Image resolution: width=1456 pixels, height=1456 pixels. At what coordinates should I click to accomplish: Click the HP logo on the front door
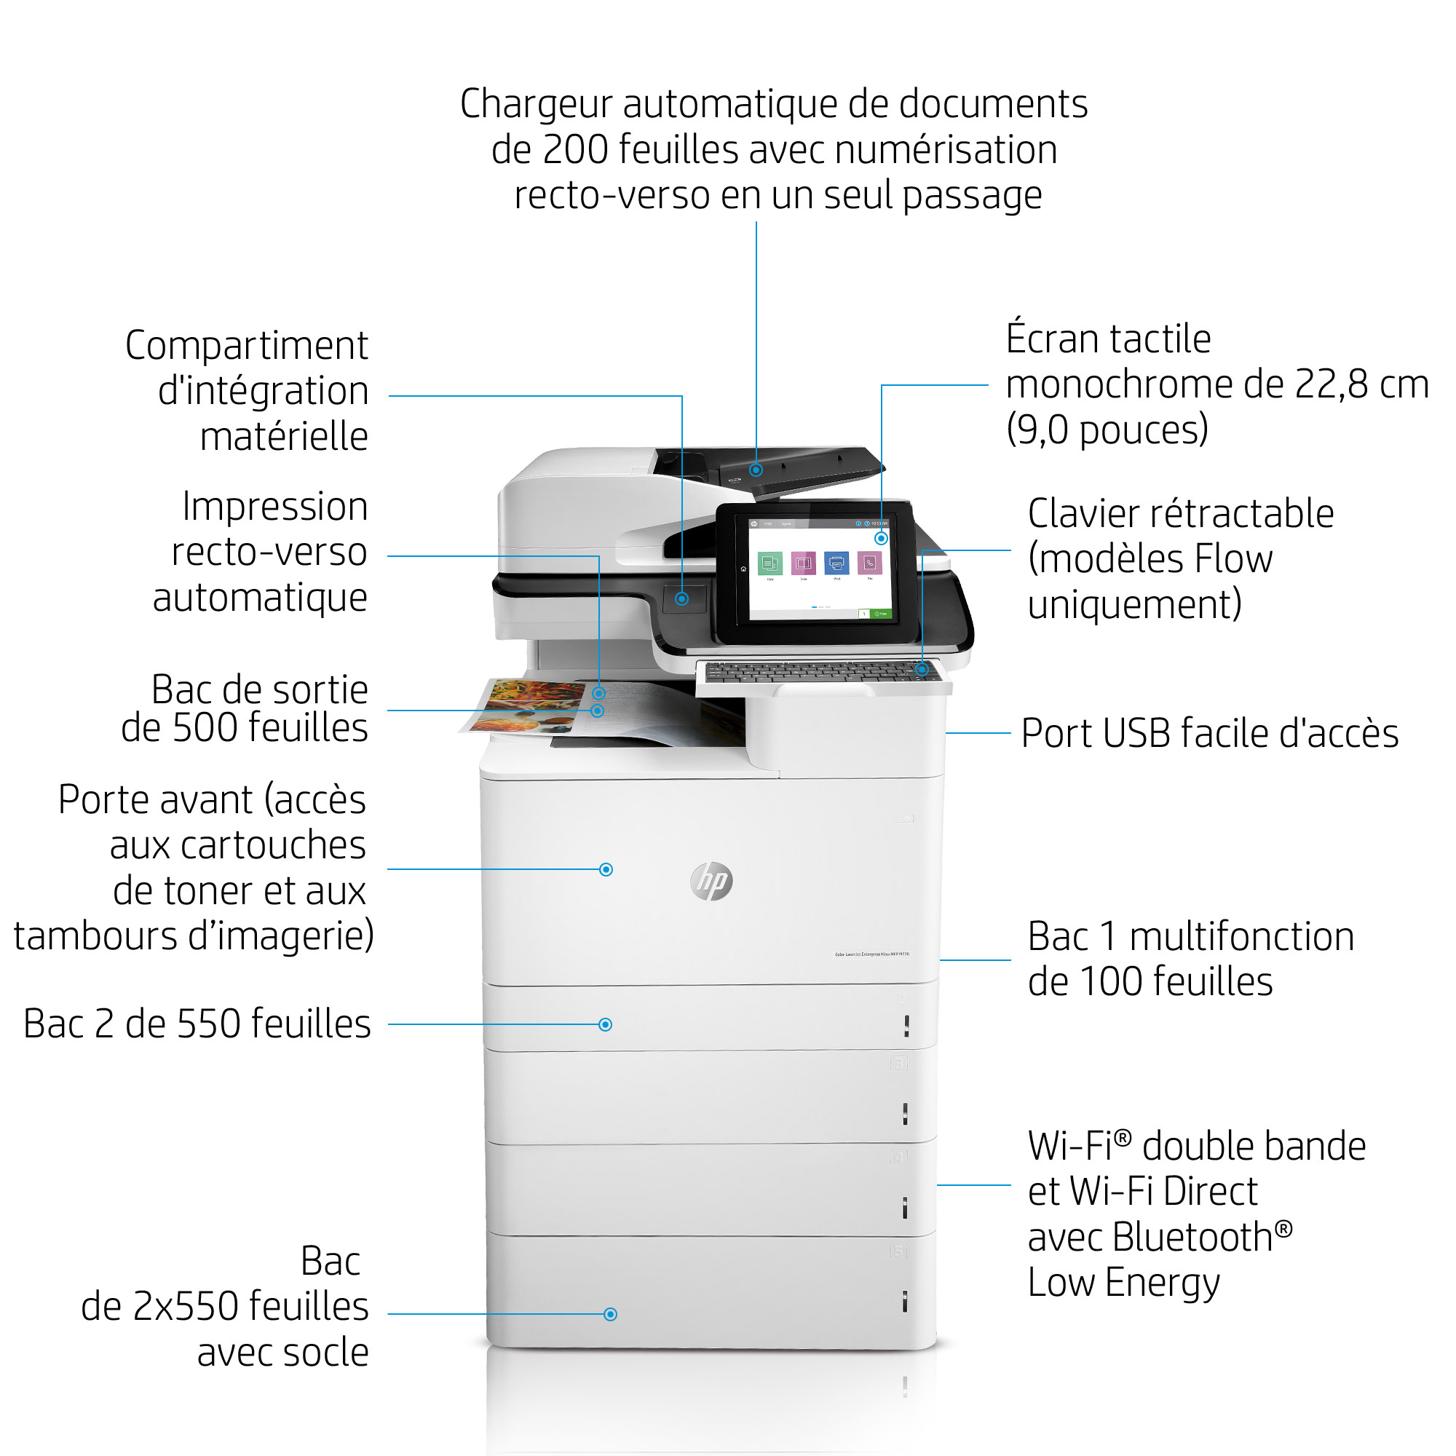point(711,881)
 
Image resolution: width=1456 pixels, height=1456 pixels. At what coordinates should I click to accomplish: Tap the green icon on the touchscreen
point(769,563)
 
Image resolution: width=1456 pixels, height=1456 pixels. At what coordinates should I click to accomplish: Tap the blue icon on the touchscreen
point(836,562)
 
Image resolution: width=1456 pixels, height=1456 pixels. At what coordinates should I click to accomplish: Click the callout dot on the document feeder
point(756,470)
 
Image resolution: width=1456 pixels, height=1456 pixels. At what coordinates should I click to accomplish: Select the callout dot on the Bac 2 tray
point(605,1024)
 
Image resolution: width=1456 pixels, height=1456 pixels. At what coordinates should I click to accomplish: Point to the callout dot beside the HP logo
point(606,870)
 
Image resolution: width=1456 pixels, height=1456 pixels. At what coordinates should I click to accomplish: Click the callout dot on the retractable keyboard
point(922,669)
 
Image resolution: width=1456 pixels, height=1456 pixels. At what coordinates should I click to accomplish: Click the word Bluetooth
point(1150,1238)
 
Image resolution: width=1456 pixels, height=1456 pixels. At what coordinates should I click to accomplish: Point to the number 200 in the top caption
point(575,149)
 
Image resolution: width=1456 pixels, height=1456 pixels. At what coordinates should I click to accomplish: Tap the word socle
point(325,1352)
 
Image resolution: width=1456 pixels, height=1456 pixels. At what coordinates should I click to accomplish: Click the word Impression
point(275,507)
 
